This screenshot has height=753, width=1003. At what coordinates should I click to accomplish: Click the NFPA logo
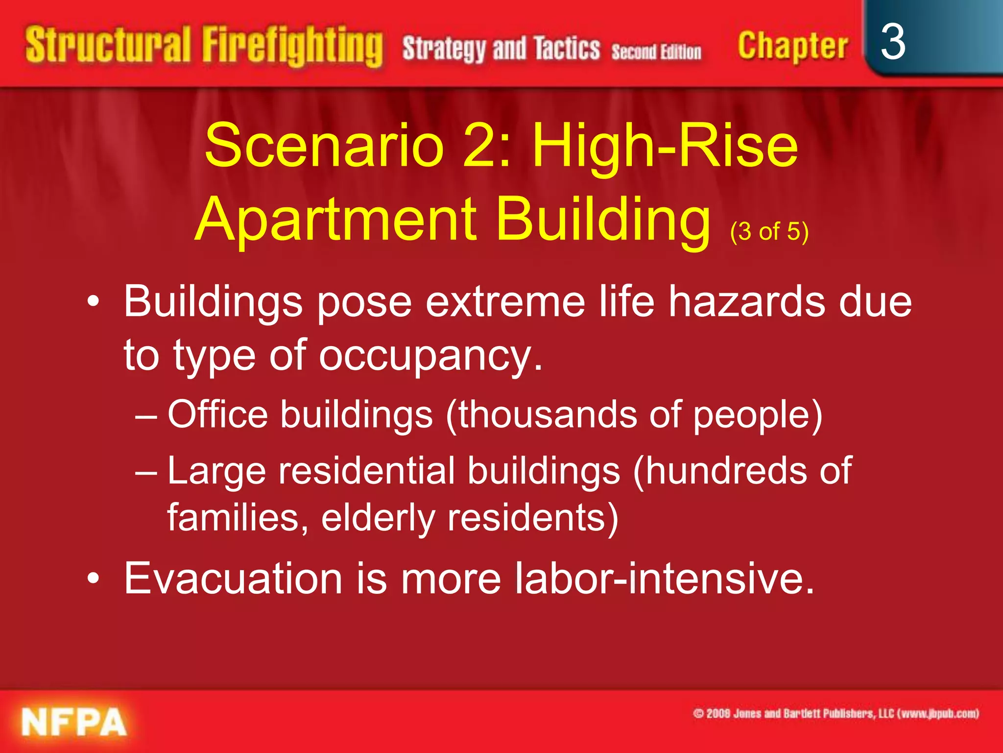[74, 722]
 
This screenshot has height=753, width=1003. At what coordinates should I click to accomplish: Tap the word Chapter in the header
[792, 47]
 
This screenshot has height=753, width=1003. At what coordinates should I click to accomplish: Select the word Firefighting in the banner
[292, 47]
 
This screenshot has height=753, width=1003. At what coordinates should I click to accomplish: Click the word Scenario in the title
[324, 145]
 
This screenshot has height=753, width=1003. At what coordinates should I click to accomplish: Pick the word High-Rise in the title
[665, 145]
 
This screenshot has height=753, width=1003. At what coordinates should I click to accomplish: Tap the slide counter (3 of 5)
[769, 231]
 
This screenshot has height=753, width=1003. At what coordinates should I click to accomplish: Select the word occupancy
[431, 355]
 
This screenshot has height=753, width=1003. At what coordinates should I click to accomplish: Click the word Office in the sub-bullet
[218, 415]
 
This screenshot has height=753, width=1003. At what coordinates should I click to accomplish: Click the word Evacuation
[233, 578]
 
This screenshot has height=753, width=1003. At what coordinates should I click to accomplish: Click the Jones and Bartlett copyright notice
[836, 713]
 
